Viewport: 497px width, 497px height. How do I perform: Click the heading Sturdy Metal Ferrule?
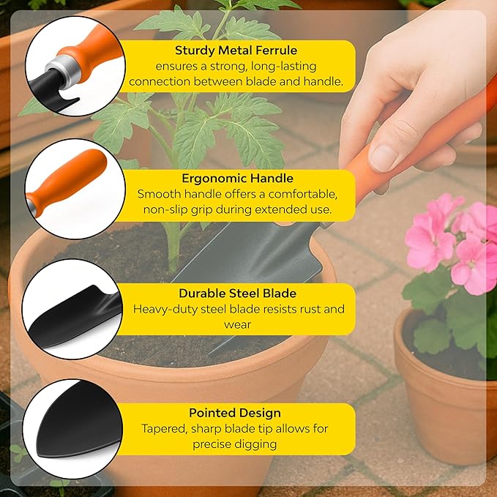(236, 51)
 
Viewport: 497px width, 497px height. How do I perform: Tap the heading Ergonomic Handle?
(237, 178)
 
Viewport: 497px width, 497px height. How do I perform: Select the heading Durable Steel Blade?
(237, 294)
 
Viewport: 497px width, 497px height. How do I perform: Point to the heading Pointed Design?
(235, 413)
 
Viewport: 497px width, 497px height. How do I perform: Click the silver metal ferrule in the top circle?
(64, 71)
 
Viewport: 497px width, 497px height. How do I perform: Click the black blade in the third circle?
(75, 316)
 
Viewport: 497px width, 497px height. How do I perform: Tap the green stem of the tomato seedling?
(173, 247)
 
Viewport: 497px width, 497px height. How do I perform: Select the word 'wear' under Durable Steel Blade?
(237, 325)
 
